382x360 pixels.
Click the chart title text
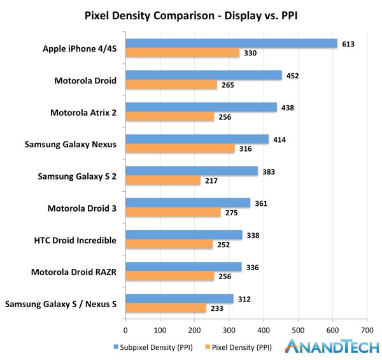[x=191, y=15]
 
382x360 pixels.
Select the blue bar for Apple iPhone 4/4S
[x=231, y=43]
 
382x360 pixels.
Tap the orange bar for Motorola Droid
[x=171, y=85]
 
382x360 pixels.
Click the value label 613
[x=348, y=44]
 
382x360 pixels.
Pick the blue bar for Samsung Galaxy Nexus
[x=197, y=139]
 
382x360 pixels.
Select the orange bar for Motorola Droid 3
[x=173, y=212]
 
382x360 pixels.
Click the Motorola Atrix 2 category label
[x=83, y=113]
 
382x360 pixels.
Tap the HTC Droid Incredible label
[x=74, y=240]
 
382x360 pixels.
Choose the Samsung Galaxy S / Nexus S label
[x=60, y=304]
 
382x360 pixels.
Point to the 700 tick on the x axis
[x=366, y=330]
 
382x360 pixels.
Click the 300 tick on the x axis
[x=229, y=330]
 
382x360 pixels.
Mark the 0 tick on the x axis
[x=125, y=330]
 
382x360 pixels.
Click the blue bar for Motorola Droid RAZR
[x=183, y=266]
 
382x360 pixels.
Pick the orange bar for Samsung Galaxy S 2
[x=163, y=180]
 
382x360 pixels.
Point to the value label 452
[x=293, y=76]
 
